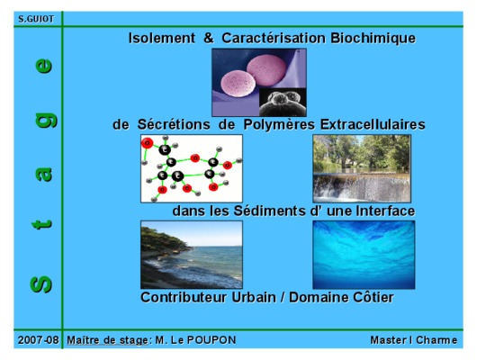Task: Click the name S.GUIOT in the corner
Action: click(x=36, y=19)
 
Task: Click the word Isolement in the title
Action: click(x=161, y=38)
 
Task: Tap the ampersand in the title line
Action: click(x=209, y=38)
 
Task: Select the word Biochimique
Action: click(x=373, y=39)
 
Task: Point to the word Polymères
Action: click(x=279, y=125)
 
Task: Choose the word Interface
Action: click(x=385, y=211)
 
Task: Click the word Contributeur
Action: click(x=184, y=297)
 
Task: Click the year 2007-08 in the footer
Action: click(x=38, y=340)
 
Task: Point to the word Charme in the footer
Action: click(x=436, y=340)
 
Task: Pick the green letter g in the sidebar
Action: click(x=46, y=121)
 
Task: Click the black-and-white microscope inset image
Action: click(x=283, y=103)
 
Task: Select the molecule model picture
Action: click(x=192, y=168)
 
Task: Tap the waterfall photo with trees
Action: click(x=362, y=168)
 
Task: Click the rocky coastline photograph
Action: click(x=192, y=255)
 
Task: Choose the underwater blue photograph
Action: click(x=364, y=255)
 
